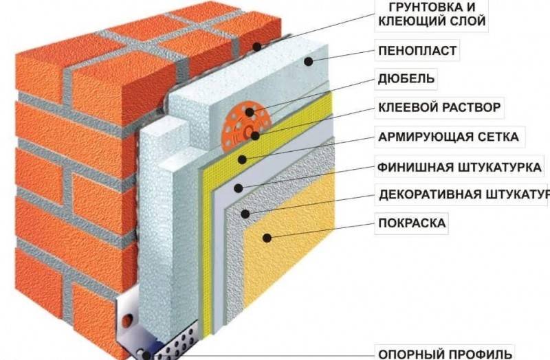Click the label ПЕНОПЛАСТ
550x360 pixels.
pos(417,51)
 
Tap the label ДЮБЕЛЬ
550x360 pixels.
pos(406,78)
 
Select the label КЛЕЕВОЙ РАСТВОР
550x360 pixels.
pos(439,107)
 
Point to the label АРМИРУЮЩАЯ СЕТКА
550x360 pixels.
pos(449,136)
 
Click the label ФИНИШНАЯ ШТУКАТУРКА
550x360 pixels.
pos(459,167)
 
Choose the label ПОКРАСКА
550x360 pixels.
pos(412,223)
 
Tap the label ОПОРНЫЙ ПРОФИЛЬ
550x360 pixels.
pos(445,353)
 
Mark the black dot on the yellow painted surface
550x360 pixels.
pos(267,238)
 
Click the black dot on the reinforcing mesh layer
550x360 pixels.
pos(242,160)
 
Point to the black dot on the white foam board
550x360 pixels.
pos(308,62)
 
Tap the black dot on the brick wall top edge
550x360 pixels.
pos(257,46)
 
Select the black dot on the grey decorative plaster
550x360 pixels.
pos(245,213)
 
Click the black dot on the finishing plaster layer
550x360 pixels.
pos(238,188)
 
